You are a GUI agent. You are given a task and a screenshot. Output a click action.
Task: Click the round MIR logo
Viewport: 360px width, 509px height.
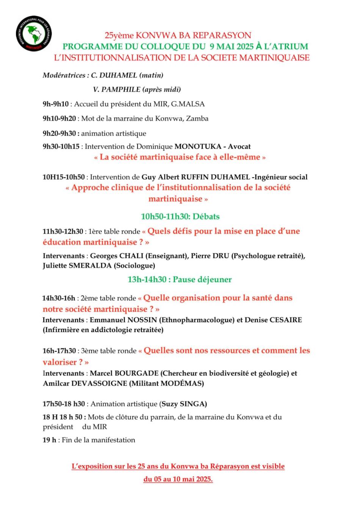click(34, 34)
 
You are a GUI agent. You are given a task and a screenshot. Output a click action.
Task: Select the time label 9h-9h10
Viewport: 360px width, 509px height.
click(56, 104)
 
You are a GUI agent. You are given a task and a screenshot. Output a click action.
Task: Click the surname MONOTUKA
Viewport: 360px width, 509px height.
click(196, 147)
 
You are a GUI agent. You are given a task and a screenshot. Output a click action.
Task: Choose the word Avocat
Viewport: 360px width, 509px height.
click(239, 147)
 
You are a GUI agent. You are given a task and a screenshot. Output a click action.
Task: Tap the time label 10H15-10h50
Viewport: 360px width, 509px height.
click(64, 177)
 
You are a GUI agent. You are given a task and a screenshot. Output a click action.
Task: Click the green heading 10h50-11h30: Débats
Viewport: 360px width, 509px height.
click(180, 217)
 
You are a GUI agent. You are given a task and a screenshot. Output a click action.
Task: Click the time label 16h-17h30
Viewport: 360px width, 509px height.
click(59, 351)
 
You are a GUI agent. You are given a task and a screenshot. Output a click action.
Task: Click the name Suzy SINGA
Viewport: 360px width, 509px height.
click(184, 404)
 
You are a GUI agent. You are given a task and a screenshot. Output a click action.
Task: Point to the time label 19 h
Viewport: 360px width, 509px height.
click(49, 440)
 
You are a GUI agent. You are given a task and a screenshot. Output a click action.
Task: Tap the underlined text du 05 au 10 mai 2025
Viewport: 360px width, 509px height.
click(178, 479)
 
